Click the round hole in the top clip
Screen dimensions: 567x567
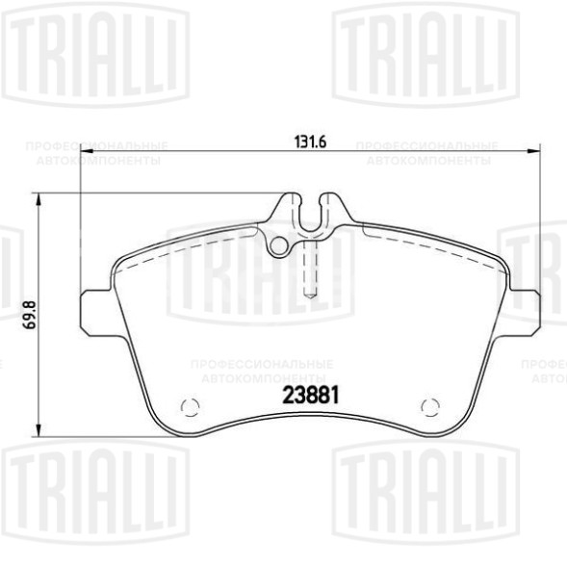click(x=279, y=245)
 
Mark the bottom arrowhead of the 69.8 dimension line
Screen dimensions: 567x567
click(x=39, y=430)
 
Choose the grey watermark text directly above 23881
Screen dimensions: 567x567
click(x=262, y=371)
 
